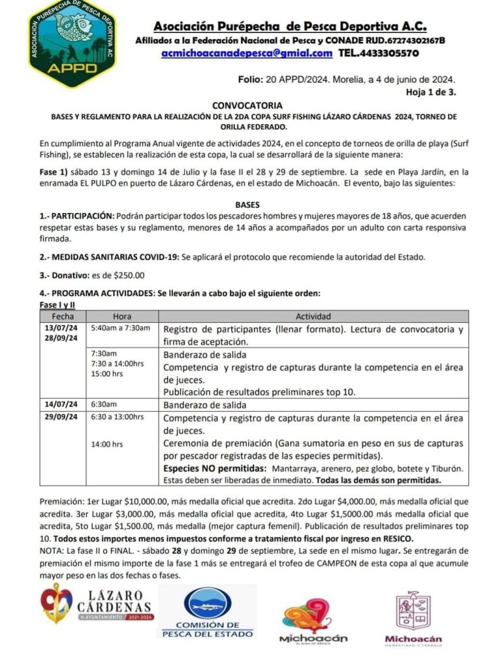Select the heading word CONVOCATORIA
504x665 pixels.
247,105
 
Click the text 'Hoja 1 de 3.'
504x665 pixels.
431,92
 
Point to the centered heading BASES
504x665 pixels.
247,204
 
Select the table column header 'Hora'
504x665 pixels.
122,316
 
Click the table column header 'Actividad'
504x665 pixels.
314,316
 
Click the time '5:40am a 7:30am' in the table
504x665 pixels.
121,327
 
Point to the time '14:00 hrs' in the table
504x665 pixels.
107,444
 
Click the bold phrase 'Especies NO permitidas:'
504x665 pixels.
214,468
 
